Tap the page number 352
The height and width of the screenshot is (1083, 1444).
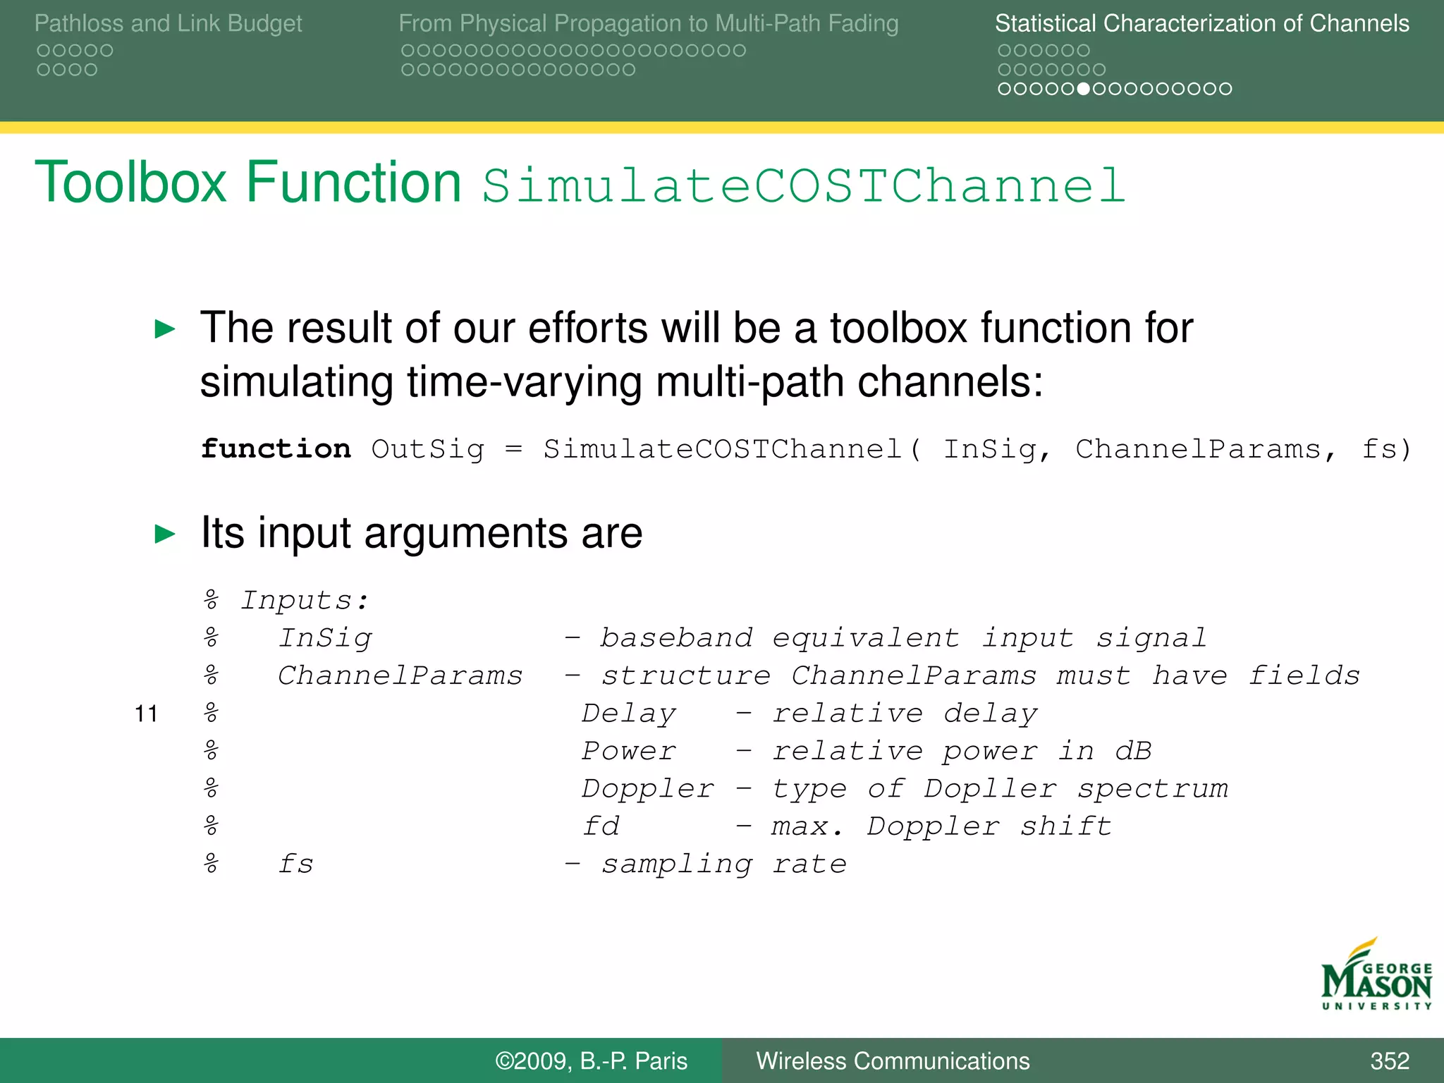[x=1389, y=1061]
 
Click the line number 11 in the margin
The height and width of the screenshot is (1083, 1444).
[x=146, y=714]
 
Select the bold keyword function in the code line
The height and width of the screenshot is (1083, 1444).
[x=276, y=449]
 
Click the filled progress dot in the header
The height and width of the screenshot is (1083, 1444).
[x=1084, y=89]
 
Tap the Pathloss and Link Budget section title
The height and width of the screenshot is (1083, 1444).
[x=168, y=23]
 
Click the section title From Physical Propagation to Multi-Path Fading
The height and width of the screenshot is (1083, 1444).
[x=648, y=23]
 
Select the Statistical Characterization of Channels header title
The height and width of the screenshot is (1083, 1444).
[x=1201, y=23]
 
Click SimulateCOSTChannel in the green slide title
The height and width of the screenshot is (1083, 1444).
[x=803, y=186]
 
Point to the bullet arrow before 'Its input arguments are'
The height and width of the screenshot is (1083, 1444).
[x=165, y=534]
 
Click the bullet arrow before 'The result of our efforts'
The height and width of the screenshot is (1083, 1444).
[x=165, y=329]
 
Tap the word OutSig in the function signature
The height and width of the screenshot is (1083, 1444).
[x=428, y=449]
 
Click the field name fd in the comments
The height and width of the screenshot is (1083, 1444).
[x=601, y=826]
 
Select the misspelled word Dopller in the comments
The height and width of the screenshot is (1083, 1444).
[x=990, y=788]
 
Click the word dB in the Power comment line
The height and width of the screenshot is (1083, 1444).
[x=1133, y=751]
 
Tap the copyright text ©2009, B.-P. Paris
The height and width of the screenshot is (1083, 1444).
[x=591, y=1061]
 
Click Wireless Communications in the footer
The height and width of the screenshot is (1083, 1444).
[x=893, y=1061]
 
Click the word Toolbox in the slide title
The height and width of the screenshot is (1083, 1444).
[x=130, y=183]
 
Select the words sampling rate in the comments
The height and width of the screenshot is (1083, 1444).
[x=723, y=864]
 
